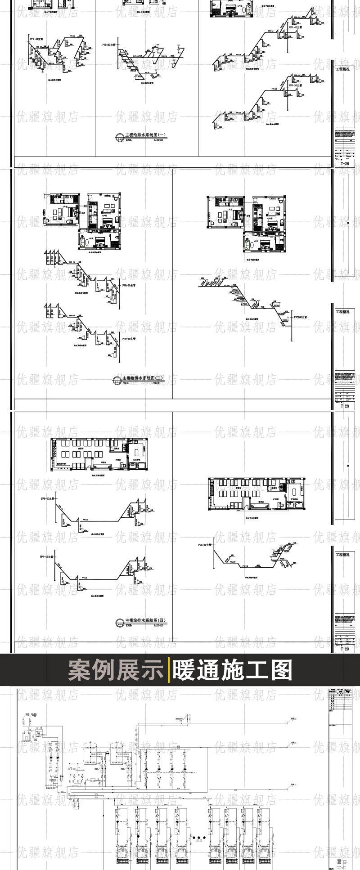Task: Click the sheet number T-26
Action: [344, 164]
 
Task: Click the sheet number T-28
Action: [344, 406]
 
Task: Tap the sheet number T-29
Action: [344, 649]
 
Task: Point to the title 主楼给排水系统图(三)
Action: [143, 378]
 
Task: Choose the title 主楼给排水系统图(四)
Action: [145, 620]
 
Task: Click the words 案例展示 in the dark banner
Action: [116, 670]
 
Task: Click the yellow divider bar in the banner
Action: [169, 670]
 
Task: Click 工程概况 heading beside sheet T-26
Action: [343, 69]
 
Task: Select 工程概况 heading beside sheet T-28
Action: [343, 312]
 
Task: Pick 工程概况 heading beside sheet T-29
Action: [343, 555]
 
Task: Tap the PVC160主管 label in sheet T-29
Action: [205, 545]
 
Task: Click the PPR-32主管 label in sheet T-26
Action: [295, 85]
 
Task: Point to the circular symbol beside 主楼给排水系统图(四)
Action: [120, 623]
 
